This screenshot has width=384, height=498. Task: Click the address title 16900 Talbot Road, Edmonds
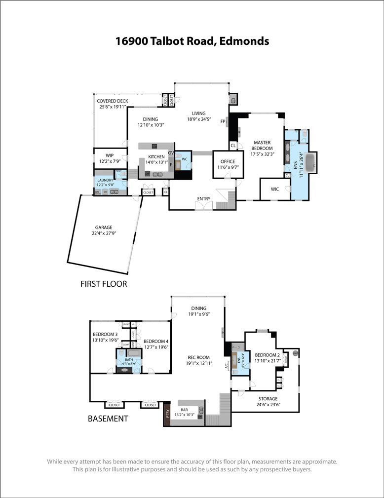[192, 41]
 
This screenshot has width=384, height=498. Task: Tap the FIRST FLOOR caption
[104, 284]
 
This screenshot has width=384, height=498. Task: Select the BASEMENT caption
[108, 419]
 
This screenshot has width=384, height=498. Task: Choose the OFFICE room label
[228, 161]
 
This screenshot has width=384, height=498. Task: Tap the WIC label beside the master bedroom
[275, 189]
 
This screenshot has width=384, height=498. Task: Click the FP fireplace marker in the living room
[223, 121]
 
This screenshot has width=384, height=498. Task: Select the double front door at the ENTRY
[203, 206]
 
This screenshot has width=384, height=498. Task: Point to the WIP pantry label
[109, 155]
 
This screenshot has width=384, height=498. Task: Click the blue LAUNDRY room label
[105, 180]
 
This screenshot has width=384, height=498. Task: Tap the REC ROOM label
[198, 358]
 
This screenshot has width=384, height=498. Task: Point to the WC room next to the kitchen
[184, 160]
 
